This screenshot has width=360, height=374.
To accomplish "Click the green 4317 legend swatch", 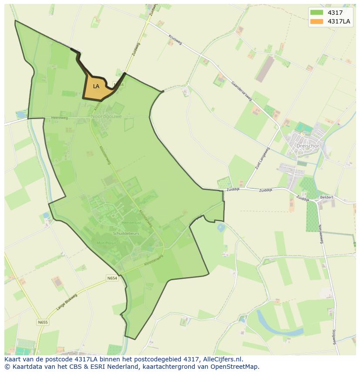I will pyautogui.click(x=317, y=13).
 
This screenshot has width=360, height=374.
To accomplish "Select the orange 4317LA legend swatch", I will pyautogui.click(x=317, y=21).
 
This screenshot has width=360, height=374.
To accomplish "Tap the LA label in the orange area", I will pyautogui.click(x=96, y=86).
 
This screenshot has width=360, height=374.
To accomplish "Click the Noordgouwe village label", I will pyautogui.click(x=107, y=116).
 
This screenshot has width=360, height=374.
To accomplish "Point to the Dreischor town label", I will pyautogui.click(x=308, y=146).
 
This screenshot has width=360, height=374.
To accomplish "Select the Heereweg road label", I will pyautogui.click(x=59, y=118).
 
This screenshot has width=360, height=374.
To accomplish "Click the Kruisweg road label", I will pyautogui.click(x=175, y=40).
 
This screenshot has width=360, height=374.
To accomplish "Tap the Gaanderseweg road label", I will pyautogui.click(x=242, y=91).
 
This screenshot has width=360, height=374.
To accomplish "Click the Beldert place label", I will pyautogui.click(x=327, y=197).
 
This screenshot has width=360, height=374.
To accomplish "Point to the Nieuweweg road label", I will pyautogui.click(x=321, y=233).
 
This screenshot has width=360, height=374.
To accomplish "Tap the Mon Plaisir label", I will pyautogui.click(x=107, y=243).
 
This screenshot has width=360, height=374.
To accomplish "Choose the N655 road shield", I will pyautogui.click(x=43, y=322).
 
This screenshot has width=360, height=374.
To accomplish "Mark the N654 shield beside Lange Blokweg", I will pyautogui.click(x=112, y=277).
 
